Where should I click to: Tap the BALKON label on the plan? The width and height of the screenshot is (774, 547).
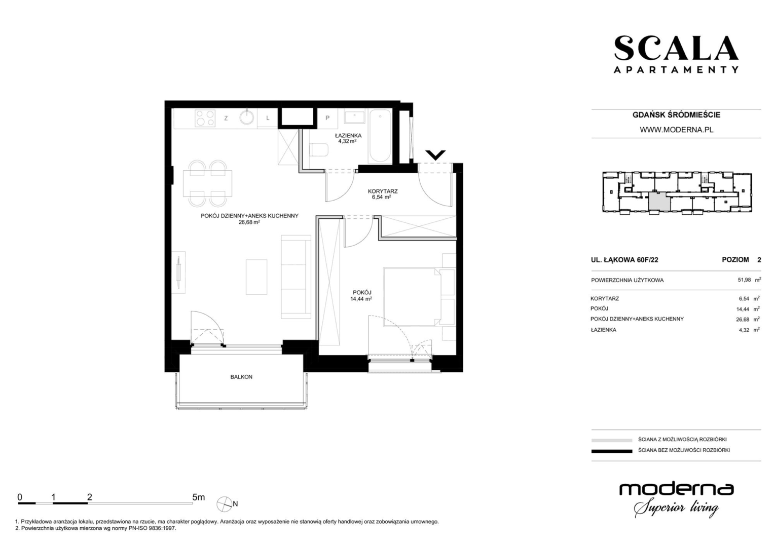(x=241, y=377)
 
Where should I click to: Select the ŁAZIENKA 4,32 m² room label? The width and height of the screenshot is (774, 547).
(x=348, y=138)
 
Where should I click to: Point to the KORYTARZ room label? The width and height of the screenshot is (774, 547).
(x=383, y=191)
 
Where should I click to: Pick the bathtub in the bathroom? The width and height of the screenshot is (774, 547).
(x=380, y=136)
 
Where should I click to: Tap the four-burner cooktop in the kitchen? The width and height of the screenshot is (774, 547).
(x=205, y=118)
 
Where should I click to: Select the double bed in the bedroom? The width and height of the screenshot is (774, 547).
(x=413, y=297)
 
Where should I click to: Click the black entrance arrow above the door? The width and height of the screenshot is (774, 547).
(x=435, y=155)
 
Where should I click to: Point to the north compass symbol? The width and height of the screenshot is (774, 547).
(x=224, y=504)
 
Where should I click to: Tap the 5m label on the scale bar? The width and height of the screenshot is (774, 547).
(x=198, y=497)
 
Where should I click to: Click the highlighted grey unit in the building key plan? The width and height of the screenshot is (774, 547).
(x=659, y=202)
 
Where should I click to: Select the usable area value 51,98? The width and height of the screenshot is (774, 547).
(x=744, y=280)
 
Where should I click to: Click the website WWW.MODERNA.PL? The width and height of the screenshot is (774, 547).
(x=677, y=130)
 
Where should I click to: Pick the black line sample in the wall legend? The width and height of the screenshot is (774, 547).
(x=612, y=451)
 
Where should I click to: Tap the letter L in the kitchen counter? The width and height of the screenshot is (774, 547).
(x=268, y=118)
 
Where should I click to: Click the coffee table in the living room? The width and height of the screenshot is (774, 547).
(x=256, y=277)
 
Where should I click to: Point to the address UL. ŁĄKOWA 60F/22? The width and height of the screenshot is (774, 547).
(x=624, y=260)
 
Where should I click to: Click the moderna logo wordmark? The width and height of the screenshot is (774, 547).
(x=676, y=490)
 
